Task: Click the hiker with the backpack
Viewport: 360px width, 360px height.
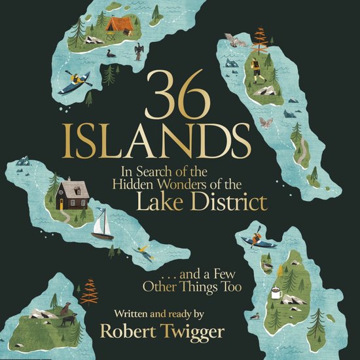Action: coord(255,71)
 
